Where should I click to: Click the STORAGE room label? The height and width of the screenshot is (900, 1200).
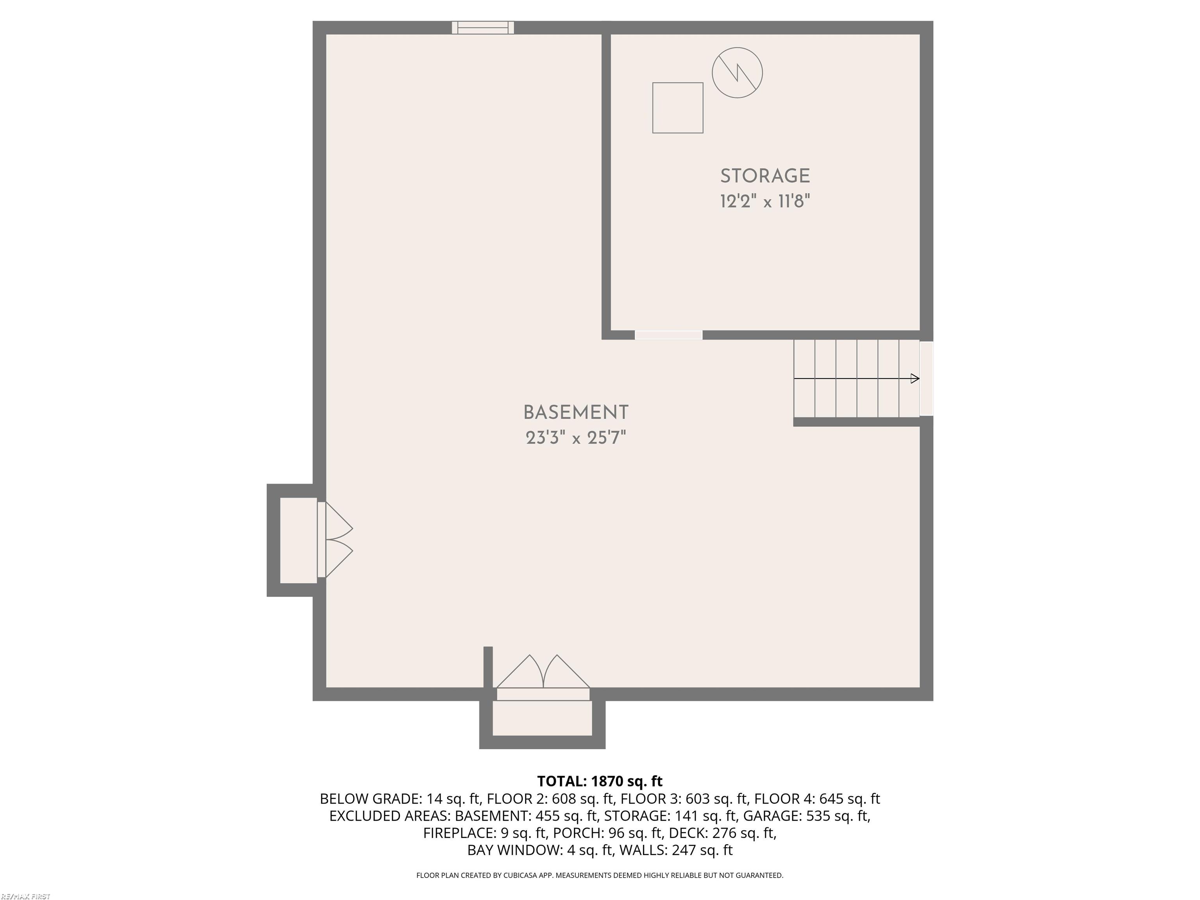pos(764,176)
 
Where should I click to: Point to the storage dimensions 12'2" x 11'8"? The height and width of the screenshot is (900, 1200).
pos(764,202)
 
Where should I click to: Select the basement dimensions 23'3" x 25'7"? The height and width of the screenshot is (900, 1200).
pos(576,438)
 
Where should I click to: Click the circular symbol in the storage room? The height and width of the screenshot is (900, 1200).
pos(737,73)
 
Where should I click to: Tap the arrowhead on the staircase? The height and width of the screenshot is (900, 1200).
pos(914,379)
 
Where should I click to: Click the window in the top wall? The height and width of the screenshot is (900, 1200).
pos(483,28)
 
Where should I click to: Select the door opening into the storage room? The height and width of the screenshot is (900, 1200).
pos(668,335)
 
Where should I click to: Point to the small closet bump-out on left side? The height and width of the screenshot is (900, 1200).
pos(298,540)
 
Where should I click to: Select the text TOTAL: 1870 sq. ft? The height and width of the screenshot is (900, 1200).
pos(600,781)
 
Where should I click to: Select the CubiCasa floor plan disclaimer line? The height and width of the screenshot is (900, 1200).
pos(600,875)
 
